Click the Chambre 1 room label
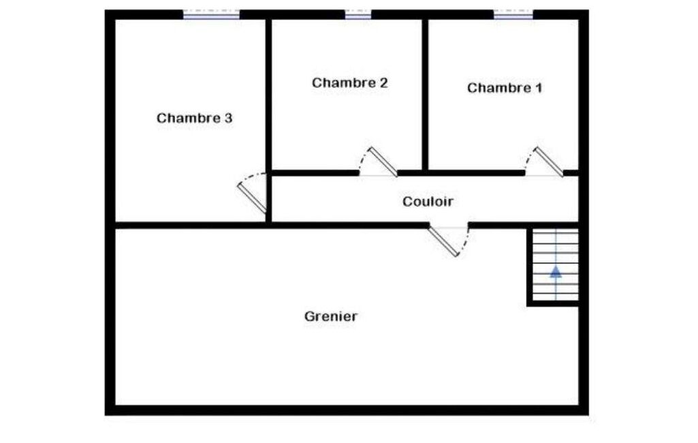pos(504,88)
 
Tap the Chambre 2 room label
pos(349,83)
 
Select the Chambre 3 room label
pos(194,118)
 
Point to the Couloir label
pos(428,202)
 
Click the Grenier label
pos(331,316)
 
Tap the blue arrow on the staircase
pos(556,271)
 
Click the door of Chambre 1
pos(548,162)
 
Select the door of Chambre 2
pos(383,162)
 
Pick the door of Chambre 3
pos(251,197)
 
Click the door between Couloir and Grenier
pos(443,241)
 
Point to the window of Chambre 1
pos(513,14)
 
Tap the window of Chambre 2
pos(358,14)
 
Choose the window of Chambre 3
pos(212,14)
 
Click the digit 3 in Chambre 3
pos(228,118)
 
